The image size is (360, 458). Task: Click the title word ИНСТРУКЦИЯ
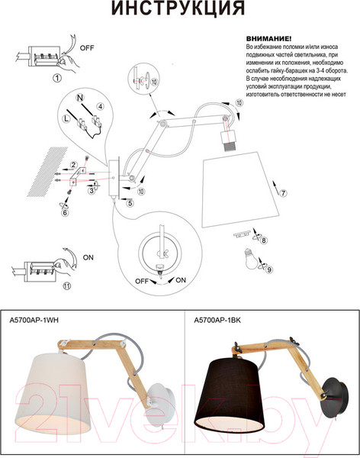[179, 9]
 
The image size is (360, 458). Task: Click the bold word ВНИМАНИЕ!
[269, 37]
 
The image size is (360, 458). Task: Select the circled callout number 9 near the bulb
[268, 269]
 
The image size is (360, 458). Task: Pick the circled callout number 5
[130, 203]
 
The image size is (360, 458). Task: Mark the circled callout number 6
[65, 213]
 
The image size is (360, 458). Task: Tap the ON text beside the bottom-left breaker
[87, 257]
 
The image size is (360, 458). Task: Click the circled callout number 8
[264, 241]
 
